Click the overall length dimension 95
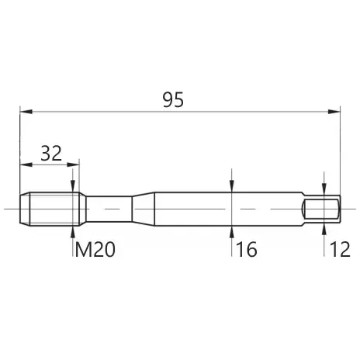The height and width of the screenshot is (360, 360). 173,99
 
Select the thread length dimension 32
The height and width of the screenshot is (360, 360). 51,154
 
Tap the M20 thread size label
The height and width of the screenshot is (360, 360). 95,250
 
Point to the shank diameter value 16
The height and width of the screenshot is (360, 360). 247,250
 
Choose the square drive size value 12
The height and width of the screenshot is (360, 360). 340,250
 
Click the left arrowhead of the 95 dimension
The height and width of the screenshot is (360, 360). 26,112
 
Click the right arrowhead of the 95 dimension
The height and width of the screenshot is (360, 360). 334,112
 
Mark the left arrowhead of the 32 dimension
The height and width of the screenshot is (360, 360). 26,164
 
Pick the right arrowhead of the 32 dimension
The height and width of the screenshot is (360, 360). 73,164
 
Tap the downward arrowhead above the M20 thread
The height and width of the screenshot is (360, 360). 73,186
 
